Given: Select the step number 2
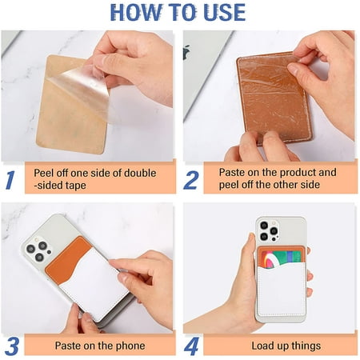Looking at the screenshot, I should [x=190, y=180].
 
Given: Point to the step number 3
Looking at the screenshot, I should [x=10, y=346].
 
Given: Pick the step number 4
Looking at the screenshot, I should [x=190, y=346].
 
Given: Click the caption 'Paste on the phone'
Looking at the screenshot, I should [x=99, y=346].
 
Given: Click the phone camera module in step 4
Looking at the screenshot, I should [x=268, y=231].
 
